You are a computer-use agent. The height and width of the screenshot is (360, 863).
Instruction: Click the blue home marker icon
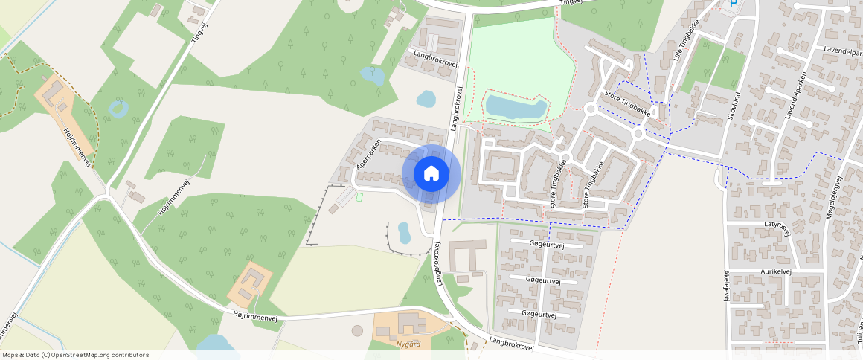[431, 174]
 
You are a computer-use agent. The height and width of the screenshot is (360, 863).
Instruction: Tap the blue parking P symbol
[733, 4]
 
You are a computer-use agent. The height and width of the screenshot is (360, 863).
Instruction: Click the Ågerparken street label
[369, 155]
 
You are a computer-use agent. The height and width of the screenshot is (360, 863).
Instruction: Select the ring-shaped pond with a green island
[118, 109]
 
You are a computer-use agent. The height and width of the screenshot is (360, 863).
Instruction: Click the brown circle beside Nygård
[357, 330]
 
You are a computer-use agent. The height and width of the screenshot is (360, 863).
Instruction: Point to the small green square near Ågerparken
[359, 197]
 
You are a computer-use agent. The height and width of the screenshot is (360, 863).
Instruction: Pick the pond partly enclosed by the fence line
[404, 233]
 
